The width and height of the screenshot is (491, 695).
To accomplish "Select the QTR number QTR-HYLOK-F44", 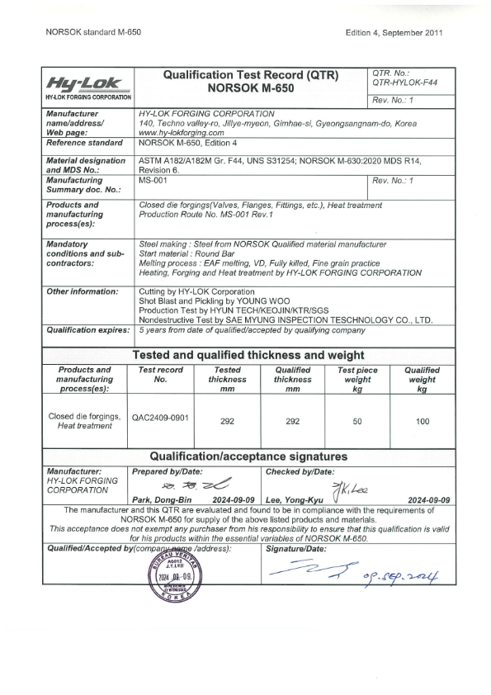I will (405, 83).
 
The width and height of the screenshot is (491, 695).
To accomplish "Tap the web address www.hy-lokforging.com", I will (182, 132).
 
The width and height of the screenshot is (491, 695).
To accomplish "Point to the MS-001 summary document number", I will (150, 179).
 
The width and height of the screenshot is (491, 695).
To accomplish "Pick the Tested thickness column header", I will (228, 380).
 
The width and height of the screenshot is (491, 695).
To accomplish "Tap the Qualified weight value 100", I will (423, 421).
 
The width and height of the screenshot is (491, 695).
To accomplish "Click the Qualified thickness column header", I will (293, 380).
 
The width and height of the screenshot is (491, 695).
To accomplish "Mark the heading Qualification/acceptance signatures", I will (248, 456).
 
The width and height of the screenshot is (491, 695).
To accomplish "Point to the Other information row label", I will (83, 291).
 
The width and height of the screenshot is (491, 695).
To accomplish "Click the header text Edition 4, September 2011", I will (395, 32).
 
